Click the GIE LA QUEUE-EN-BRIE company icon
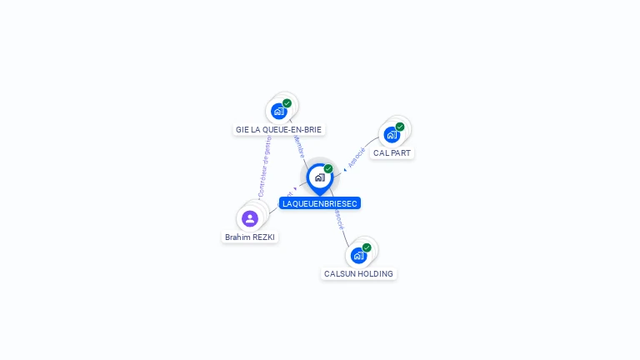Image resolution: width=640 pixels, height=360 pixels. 279,111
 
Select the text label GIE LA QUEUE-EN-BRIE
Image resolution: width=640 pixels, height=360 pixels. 278,130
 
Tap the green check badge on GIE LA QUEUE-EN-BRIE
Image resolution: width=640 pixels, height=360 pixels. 287,103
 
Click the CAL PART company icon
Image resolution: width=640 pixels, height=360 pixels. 392,134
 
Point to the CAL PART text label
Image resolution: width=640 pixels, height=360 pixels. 392,153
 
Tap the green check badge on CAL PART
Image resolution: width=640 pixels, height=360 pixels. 400,127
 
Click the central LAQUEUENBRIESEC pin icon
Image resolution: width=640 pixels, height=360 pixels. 319,177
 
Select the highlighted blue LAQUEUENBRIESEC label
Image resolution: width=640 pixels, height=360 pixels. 320,203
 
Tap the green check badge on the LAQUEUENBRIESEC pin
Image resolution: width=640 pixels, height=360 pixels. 328,169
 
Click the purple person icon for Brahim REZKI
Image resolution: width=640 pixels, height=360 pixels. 249,218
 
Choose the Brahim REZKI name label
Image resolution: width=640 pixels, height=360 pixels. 250,237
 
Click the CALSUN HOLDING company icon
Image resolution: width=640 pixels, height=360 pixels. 358,255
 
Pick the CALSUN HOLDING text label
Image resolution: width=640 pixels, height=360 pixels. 358,274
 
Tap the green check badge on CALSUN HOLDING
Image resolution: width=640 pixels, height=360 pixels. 367,247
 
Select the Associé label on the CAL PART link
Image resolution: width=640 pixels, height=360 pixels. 357,157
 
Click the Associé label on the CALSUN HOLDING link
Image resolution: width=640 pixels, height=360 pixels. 338,218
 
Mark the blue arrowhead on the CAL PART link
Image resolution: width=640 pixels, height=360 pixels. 345,170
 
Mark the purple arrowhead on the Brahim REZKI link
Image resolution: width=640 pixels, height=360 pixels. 295,188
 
